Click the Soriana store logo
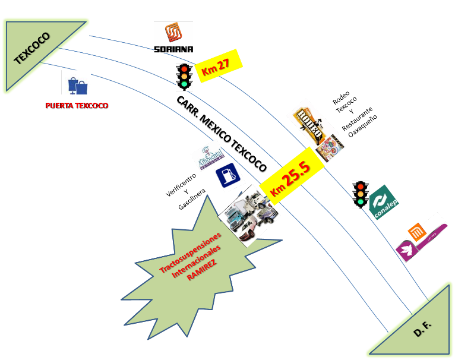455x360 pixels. [x=173, y=37]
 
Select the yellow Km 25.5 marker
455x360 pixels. [x=292, y=176]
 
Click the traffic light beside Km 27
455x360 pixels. [x=184, y=77]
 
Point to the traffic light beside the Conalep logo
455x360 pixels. [x=361, y=194]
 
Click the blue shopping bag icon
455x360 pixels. [x=77, y=83]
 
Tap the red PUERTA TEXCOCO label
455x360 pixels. [x=77, y=106]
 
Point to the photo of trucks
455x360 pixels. [x=249, y=215]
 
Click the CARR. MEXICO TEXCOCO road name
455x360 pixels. [x=220, y=134]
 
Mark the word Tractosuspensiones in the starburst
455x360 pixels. [x=189, y=252]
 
